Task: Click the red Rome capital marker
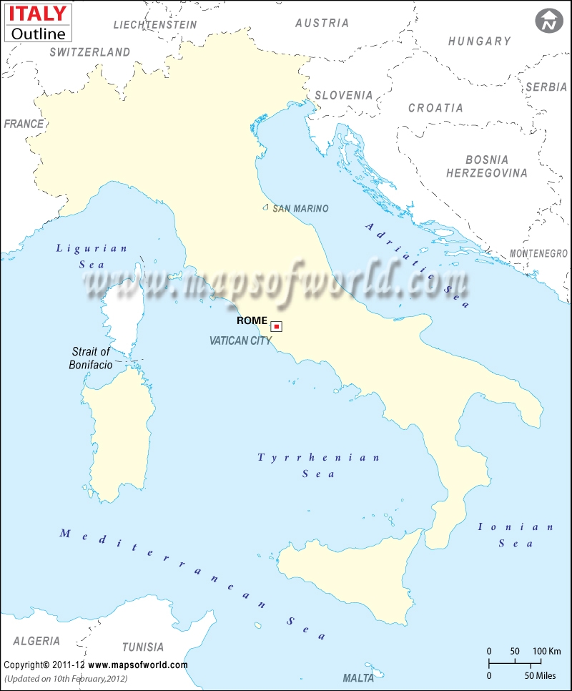click(x=276, y=327)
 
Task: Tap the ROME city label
click(x=252, y=321)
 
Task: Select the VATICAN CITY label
click(x=241, y=341)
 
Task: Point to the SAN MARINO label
click(x=300, y=209)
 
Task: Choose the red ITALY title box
click(x=38, y=13)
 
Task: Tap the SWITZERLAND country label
click(x=90, y=52)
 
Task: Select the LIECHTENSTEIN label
click(x=155, y=24)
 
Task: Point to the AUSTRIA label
click(x=322, y=23)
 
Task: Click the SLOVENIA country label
click(x=344, y=94)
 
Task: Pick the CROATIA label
click(x=435, y=108)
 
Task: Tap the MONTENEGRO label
click(x=538, y=254)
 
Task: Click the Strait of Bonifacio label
click(x=92, y=358)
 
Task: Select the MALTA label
click(x=358, y=677)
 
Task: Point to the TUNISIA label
click(x=142, y=647)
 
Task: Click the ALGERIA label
click(x=36, y=641)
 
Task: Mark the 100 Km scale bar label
click(x=546, y=652)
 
